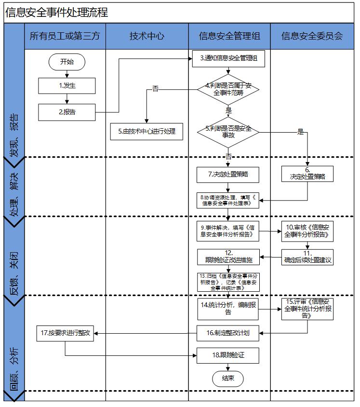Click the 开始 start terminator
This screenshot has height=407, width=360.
click(67, 62)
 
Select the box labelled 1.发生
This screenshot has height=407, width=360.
click(67, 86)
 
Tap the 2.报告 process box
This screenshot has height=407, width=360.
click(67, 112)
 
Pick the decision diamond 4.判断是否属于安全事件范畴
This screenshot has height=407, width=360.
click(228, 89)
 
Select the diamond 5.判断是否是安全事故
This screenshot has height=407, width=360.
click(228, 132)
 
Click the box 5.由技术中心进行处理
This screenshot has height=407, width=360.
click(147, 131)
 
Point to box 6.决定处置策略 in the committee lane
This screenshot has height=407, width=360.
click(308, 174)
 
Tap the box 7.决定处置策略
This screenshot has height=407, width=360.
click(228, 175)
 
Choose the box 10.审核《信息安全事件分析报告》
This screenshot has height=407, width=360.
click(308, 231)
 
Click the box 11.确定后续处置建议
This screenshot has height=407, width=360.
click(308, 257)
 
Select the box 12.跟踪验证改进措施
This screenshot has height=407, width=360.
click(228, 257)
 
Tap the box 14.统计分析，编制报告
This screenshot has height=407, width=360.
click(228, 308)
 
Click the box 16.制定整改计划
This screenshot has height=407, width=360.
click(228, 333)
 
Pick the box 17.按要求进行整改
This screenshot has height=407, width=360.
click(67, 333)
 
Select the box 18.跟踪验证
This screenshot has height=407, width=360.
click(228, 355)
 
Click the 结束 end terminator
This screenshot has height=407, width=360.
click(228, 379)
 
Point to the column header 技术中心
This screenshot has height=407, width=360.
click(147, 36)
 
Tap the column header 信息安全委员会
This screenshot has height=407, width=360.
click(312, 36)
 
